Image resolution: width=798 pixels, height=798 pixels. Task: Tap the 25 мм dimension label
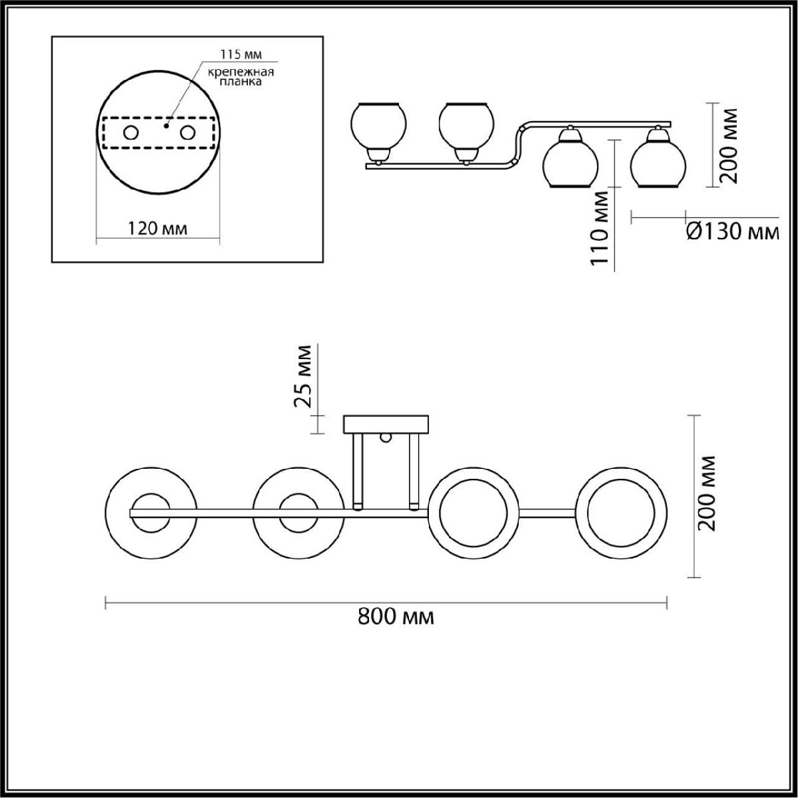click(303, 376)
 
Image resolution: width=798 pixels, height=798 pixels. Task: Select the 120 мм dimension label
click(158, 228)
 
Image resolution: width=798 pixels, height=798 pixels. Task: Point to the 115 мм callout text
click(241, 55)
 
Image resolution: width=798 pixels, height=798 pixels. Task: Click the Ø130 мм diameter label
click(733, 232)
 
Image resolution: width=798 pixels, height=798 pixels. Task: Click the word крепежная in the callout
click(241, 72)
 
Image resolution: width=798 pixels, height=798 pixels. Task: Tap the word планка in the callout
click(241, 82)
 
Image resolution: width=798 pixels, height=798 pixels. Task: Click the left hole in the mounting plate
click(131, 133)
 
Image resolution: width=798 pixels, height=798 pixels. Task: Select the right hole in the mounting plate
click(187, 133)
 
